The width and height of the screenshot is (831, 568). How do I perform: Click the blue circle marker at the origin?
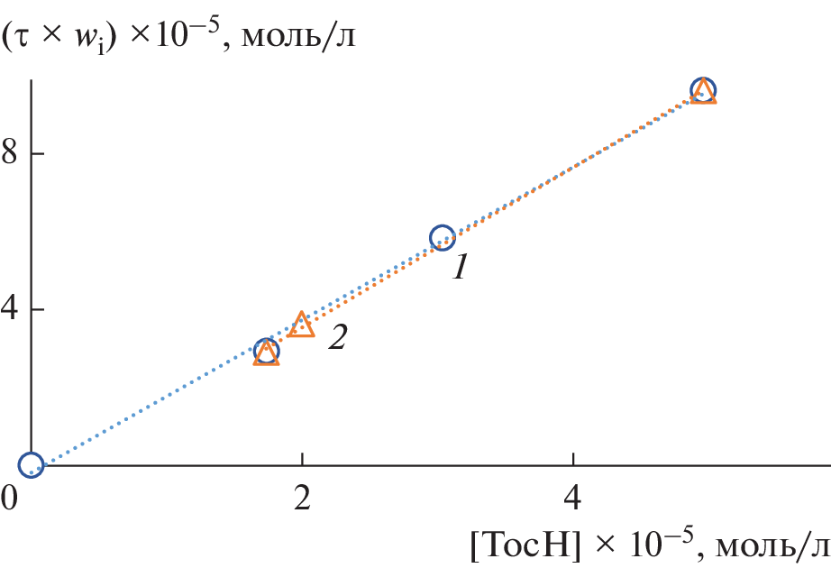point(31,465)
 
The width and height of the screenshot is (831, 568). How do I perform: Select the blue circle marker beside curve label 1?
point(442,238)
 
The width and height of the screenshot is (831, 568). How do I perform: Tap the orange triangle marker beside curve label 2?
point(303,325)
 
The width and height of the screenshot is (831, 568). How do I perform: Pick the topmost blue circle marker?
point(703,89)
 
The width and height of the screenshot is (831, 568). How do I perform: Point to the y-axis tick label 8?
point(11,154)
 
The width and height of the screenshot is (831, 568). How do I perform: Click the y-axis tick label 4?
point(11,310)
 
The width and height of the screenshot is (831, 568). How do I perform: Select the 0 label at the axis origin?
point(11,498)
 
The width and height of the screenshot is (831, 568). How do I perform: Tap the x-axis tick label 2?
point(303,499)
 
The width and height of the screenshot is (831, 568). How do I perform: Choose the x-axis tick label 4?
point(573,499)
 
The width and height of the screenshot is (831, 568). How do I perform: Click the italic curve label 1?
point(460,268)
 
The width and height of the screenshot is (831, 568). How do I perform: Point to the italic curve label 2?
point(336,337)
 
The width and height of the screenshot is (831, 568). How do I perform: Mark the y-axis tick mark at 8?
point(37,154)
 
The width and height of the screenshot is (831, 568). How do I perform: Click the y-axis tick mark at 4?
point(37,310)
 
